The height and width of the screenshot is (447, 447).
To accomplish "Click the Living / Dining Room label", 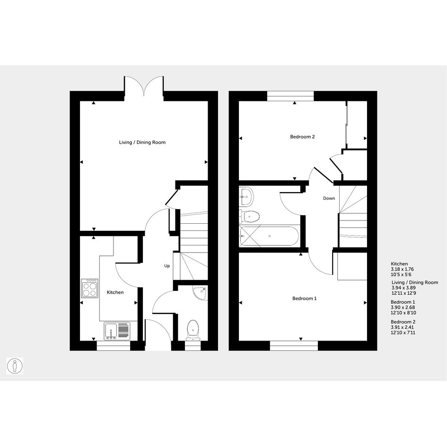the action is [x=142, y=142].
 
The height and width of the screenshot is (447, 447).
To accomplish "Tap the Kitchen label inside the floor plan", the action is [x=115, y=292].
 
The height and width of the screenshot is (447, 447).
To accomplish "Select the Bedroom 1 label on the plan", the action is [x=305, y=298].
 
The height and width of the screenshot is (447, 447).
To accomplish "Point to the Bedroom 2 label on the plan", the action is [x=302, y=137].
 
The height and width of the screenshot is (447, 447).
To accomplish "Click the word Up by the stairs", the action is [x=167, y=266].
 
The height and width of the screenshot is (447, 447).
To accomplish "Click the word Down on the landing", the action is [x=329, y=198].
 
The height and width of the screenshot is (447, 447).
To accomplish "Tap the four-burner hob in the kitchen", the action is [x=89, y=288].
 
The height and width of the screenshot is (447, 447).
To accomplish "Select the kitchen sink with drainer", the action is [x=117, y=331].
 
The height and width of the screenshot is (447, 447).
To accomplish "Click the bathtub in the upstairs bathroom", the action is [x=270, y=236].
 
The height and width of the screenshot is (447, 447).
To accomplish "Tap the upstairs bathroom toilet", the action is [x=249, y=216].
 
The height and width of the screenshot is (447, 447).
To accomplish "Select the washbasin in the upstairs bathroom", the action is [x=246, y=196].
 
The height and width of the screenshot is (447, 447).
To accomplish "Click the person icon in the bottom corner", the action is [x=15, y=366].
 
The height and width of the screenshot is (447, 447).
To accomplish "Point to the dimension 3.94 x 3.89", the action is [x=403, y=288].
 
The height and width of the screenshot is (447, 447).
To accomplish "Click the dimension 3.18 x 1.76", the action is [x=402, y=269].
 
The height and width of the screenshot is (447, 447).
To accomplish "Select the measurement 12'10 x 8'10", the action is [x=403, y=313].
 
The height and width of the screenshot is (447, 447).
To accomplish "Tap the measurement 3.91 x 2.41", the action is [x=402, y=327].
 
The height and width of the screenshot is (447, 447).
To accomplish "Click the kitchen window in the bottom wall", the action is [x=114, y=345].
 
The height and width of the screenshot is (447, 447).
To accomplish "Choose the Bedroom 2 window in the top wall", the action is [x=290, y=96].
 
